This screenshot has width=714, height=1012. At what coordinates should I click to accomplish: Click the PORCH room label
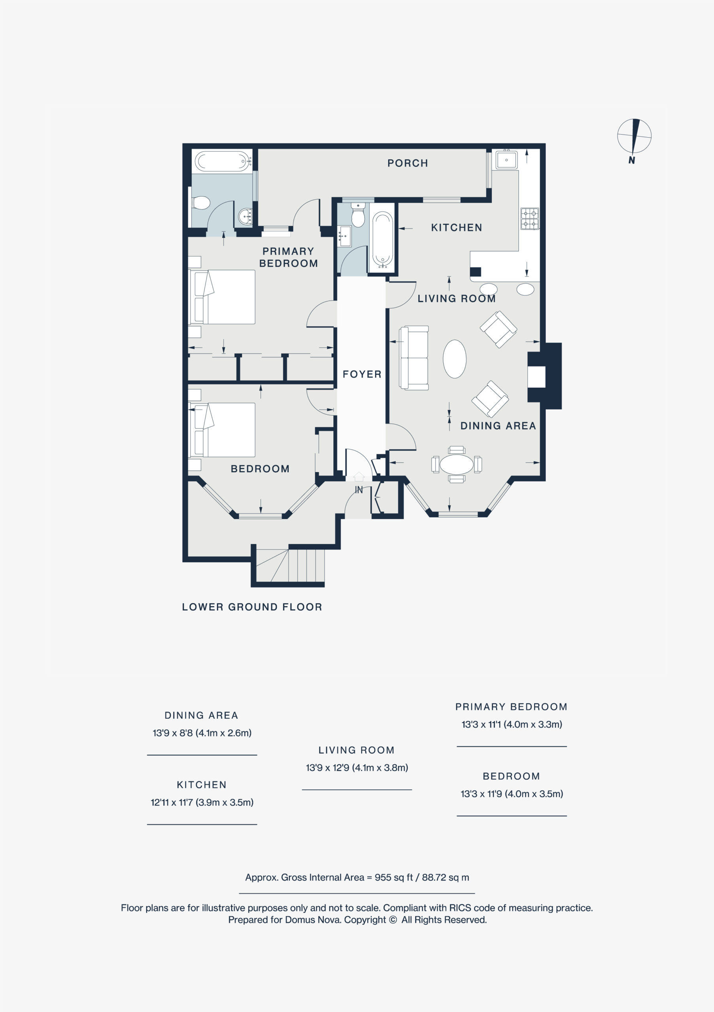tap(408, 163)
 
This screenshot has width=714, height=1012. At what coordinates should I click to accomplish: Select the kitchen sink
tap(506, 160)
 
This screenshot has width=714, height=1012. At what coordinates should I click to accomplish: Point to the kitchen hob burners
tap(530, 219)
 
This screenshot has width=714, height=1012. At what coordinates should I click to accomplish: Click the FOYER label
tap(362, 374)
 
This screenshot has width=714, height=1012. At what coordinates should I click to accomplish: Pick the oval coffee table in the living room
tap(454, 359)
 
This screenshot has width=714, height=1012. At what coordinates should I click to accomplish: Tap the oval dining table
tap(457, 464)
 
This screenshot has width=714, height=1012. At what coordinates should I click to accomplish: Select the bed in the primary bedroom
tap(222, 296)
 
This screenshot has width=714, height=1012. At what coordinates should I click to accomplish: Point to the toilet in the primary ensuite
tap(201, 203)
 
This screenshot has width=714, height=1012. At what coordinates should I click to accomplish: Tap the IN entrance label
tap(359, 490)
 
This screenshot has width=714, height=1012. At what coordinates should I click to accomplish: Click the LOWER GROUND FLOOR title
tap(252, 607)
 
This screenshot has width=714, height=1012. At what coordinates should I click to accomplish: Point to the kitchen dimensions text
tap(202, 802)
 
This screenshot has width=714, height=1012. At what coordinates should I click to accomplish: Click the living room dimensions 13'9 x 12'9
tap(357, 767)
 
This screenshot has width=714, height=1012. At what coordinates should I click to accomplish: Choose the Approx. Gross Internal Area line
tap(357, 877)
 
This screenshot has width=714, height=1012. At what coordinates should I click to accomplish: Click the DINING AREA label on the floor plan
tap(498, 426)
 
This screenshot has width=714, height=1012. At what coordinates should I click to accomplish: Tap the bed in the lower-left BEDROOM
tap(222, 430)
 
